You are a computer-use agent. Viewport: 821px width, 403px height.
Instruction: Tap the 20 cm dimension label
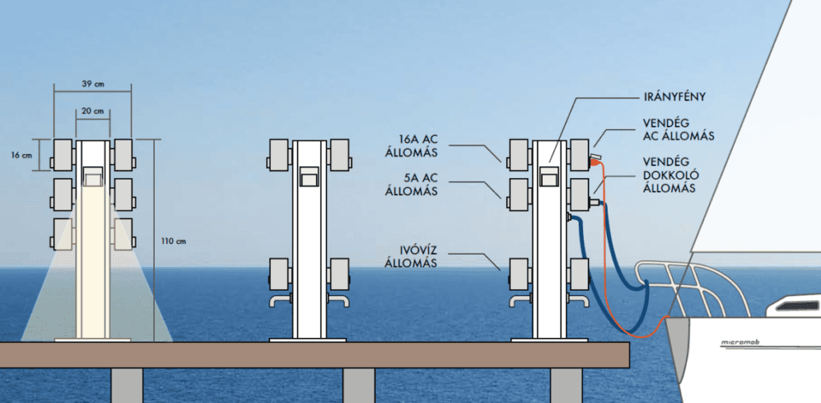click(93, 110)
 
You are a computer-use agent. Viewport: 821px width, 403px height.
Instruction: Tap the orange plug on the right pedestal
click(596, 161)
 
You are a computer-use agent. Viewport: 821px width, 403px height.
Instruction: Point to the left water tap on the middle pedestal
click(277, 301)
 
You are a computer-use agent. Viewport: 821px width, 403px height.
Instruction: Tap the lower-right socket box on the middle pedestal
click(338, 271)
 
